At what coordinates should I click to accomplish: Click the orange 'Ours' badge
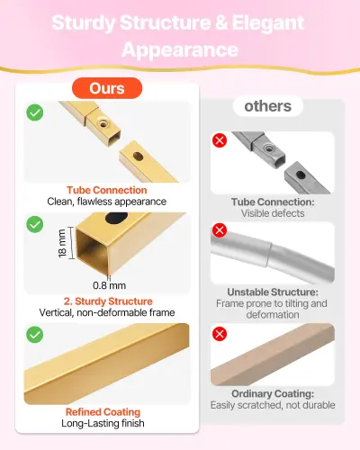click(107, 88)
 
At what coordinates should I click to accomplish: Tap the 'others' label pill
click(268, 106)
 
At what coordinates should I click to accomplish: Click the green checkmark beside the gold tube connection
click(35, 112)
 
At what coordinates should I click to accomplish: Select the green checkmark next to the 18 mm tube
click(35, 224)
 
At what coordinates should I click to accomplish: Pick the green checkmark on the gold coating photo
click(35, 335)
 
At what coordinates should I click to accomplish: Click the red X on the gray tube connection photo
click(220, 140)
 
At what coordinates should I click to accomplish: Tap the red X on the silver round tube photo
click(220, 230)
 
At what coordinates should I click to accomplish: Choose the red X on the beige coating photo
click(220, 334)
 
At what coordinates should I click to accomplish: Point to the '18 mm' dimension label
click(62, 243)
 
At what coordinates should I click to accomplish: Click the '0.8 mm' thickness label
click(109, 285)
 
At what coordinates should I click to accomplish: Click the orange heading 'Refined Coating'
click(103, 412)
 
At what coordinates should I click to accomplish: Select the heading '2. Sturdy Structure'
click(108, 301)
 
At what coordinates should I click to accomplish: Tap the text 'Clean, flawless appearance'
click(107, 202)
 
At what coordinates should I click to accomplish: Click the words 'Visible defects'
click(273, 213)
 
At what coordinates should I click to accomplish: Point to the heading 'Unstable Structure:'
click(273, 292)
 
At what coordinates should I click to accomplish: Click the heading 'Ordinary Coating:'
click(273, 393)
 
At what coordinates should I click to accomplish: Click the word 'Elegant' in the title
click(268, 22)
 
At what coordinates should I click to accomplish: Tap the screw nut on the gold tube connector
click(103, 122)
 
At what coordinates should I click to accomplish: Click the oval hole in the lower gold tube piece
click(138, 156)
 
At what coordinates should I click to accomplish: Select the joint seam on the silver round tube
click(269, 255)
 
